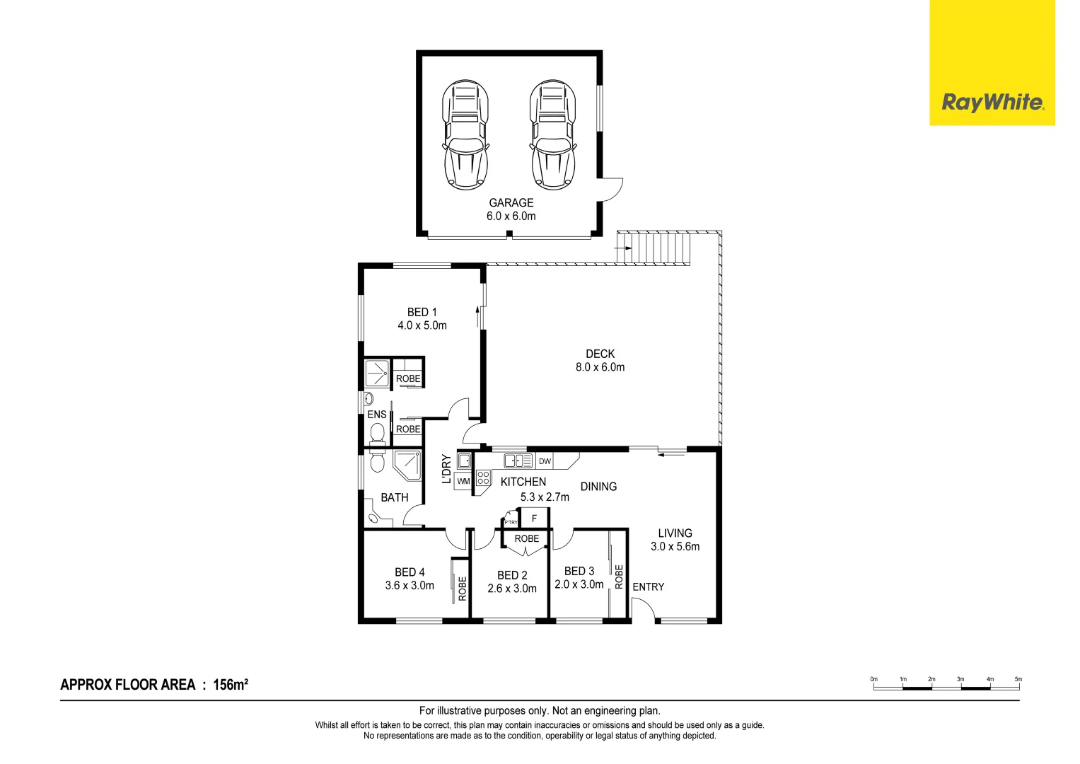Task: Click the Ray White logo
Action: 992,103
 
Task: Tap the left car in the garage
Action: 465,134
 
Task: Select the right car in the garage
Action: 552,134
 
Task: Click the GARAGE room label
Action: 511,203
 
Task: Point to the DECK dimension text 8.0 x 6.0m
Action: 600,367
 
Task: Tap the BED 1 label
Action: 422,312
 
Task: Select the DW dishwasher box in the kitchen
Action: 545,461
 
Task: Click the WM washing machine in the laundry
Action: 463,482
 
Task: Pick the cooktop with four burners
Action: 483,477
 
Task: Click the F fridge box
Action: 534,519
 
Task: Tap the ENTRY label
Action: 648,587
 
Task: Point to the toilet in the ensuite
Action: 377,434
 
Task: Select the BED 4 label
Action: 410,572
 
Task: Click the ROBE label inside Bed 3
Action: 619,576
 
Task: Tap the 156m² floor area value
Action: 231,685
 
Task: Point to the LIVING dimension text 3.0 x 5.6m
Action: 675,547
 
